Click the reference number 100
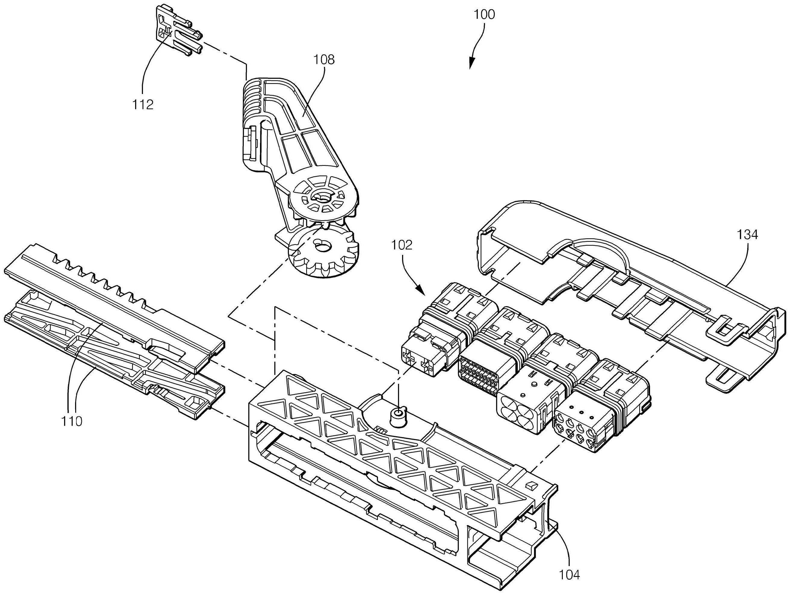click(x=484, y=15)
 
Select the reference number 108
click(x=324, y=59)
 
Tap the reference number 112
click(x=143, y=105)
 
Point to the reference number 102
click(x=402, y=245)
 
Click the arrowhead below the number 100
click(x=471, y=65)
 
